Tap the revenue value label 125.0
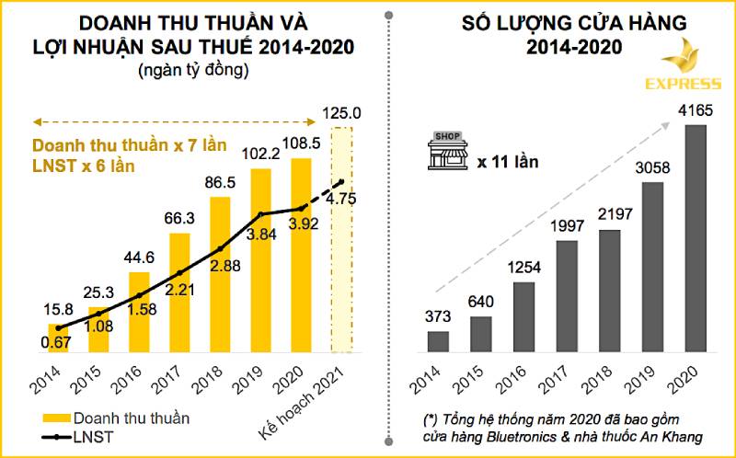[x=342, y=114]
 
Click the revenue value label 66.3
[x=178, y=218]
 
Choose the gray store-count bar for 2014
[x=438, y=341]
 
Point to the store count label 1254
[x=523, y=268]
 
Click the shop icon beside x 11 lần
[x=448, y=153]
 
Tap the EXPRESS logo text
[x=682, y=84]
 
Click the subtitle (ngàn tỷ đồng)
[x=193, y=70]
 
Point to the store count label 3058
[x=652, y=168]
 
